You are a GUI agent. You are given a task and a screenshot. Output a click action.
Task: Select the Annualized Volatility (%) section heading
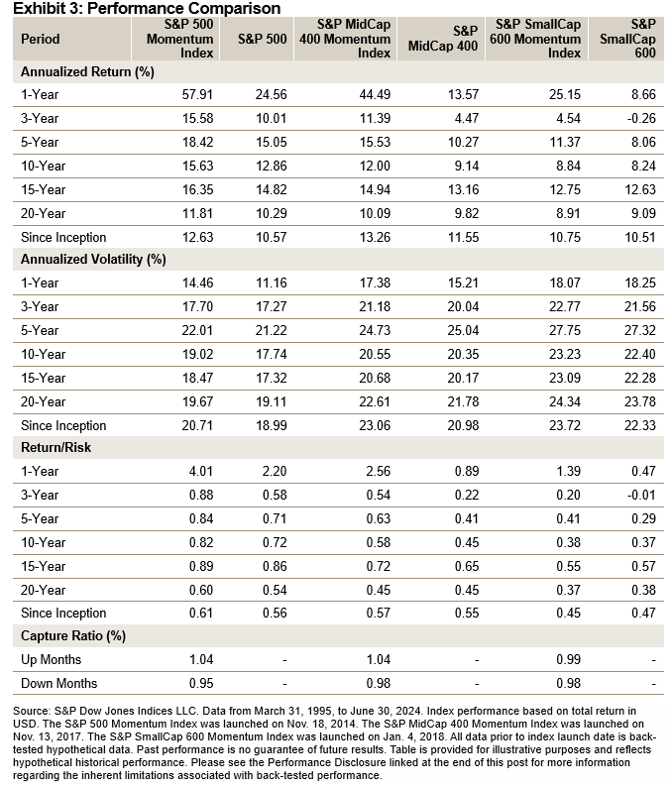point(88,260)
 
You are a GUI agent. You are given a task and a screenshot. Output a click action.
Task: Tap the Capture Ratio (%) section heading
point(73,636)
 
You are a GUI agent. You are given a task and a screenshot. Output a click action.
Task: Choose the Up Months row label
point(52,660)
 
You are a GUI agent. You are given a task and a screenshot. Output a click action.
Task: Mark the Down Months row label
point(57,684)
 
